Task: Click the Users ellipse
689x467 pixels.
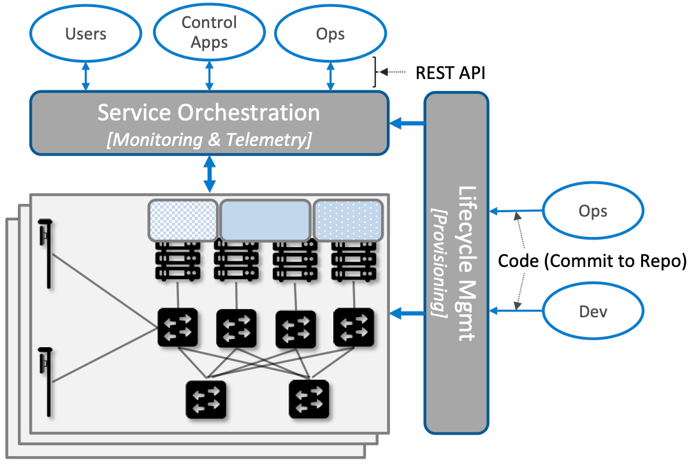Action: point(85,33)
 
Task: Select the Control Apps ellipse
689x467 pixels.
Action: point(209,33)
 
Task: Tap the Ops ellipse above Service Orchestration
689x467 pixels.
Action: point(330,33)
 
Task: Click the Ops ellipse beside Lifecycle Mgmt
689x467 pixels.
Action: point(593,211)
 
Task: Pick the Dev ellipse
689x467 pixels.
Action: point(593,312)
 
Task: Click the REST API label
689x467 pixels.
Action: point(450,73)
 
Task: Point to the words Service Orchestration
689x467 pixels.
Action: point(208,113)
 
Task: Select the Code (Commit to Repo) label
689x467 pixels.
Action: point(591,261)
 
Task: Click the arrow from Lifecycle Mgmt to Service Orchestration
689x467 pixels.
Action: point(408,123)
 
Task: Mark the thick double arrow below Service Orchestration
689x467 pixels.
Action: point(209,174)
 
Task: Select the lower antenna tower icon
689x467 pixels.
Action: point(45,380)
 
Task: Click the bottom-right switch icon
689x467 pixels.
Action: point(309,399)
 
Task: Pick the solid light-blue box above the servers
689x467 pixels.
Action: point(265,220)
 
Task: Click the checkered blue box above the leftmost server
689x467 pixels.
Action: point(183,220)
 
